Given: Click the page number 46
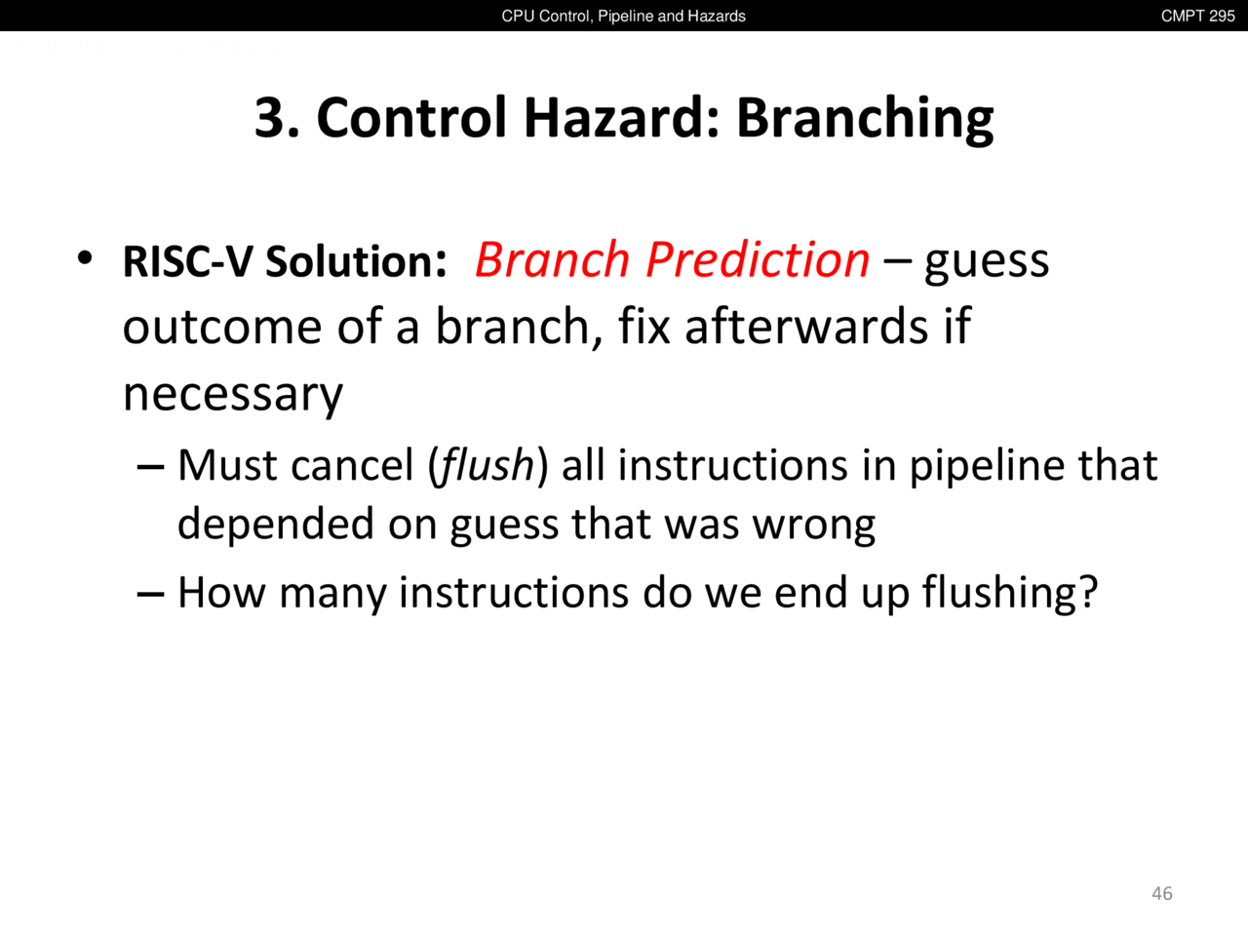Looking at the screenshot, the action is click(1161, 893).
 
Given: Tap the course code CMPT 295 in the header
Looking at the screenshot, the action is click(1197, 16).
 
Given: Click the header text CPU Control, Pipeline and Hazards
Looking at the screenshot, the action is click(623, 16).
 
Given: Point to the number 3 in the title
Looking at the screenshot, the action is click(269, 118).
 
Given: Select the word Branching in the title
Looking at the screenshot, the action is click(865, 119).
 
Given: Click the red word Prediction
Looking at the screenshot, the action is click(758, 259).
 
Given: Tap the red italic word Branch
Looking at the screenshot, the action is click(552, 259).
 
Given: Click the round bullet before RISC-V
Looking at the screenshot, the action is click(85, 258).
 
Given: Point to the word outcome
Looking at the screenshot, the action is click(222, 327).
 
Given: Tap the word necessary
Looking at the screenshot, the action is click(233, 396).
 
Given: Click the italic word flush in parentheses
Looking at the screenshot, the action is click(487, 465).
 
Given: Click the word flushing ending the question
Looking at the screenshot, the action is click(1010, 592).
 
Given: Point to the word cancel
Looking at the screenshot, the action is click(352, 465).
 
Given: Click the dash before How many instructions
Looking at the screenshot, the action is click(151, 595).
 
